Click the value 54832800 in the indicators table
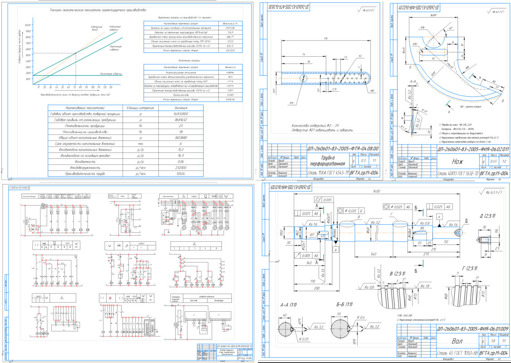click(179, 114)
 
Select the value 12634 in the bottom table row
click(179, 173)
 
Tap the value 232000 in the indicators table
click(179, 167)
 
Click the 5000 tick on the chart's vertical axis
click(28, 55)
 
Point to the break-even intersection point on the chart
click(75, 53)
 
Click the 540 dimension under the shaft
click(373, 253)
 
